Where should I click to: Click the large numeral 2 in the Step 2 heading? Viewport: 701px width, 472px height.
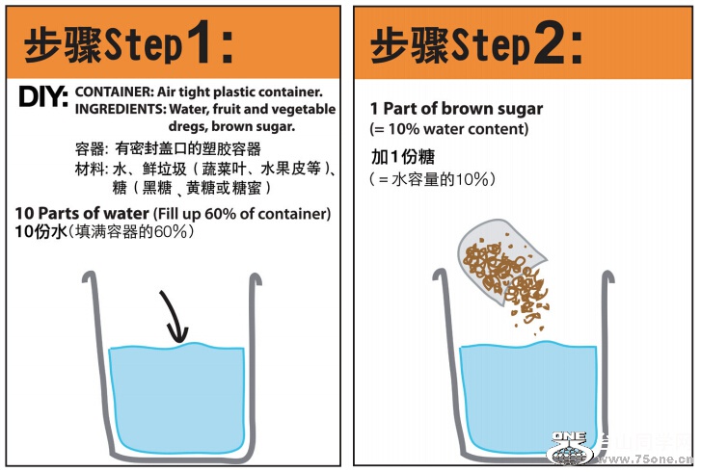pos(549,42)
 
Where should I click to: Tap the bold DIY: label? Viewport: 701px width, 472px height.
pos(43,96)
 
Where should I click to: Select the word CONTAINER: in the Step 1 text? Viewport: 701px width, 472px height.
pos(114,92)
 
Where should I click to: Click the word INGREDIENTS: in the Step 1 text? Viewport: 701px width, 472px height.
pos(120,109)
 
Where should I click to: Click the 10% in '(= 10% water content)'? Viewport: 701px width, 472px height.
pos(404,129)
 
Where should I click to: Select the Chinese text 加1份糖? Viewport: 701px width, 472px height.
pos(403,157)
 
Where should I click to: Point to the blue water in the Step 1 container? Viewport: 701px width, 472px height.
pos(176,398)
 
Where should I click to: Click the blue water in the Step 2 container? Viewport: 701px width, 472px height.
pos(528,398)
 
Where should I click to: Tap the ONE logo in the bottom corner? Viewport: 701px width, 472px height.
pos(570,448)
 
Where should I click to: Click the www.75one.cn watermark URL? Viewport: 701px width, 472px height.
pos(645,459)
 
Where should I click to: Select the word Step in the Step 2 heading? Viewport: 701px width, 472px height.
pos(491,45)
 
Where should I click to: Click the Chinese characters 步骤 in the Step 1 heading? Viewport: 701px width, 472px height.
pos(63,44)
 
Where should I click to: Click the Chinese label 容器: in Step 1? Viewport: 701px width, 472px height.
pos(92,148)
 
